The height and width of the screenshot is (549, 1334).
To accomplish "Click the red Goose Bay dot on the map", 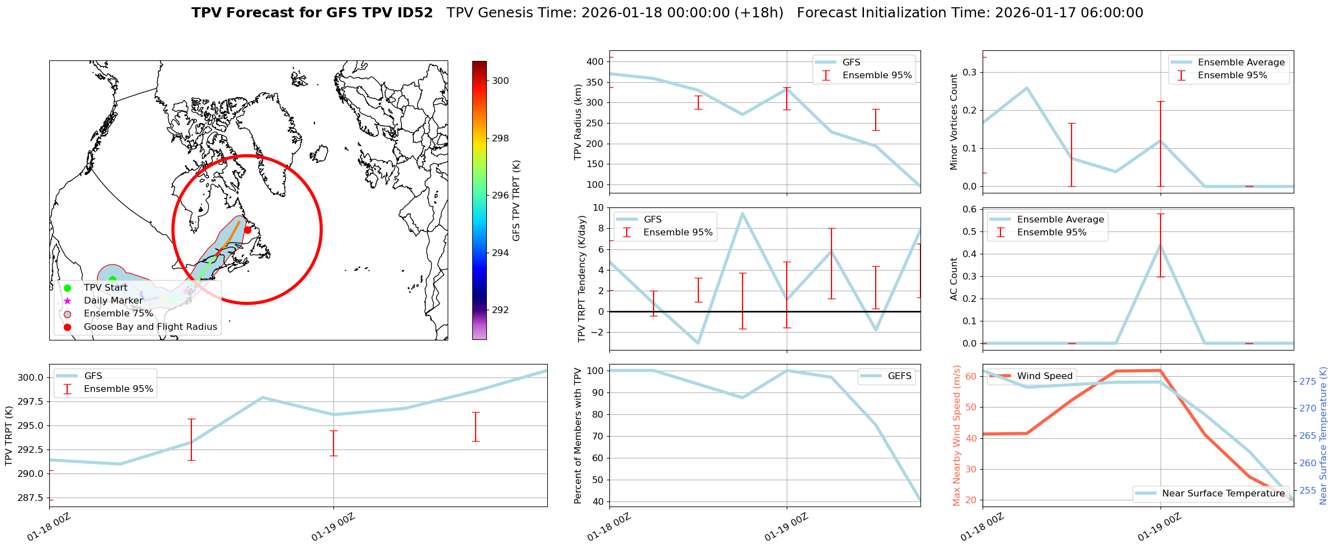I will pyautogui.click(x=247, y=230).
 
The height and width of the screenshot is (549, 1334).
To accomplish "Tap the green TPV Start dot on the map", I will pyautogui.click(x=112, y=280).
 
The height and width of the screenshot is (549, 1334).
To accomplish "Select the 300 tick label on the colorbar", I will pyautogui.click(x=500, y=81).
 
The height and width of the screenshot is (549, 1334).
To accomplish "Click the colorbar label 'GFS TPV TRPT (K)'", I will pyautogui.click(x=516, y=200).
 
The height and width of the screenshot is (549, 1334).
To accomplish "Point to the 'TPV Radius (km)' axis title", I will pyautogui.click(x=578, y=122).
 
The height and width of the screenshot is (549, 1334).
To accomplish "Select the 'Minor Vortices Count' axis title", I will pyautogui.click(x=953, y=122).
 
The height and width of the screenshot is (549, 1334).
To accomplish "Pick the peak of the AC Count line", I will pyautogui.click(x=1161, y=244).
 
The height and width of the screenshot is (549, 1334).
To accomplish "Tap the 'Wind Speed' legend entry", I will pyautogui.click(x=1045, y=376).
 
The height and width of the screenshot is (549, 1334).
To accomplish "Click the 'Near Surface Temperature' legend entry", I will pyautogui.click(x=1223, y=494).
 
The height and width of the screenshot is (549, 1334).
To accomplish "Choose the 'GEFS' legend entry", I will pyautogui.click(x=899, y=376).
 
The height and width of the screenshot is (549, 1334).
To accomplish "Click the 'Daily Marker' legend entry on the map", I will pyautogui.click(x=113, y=301).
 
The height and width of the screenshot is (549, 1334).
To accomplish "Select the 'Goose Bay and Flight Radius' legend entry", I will pyautogui.click(x=150, y=327).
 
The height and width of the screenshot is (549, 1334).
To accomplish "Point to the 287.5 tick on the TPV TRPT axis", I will pyautogui.click(x=31, y=498).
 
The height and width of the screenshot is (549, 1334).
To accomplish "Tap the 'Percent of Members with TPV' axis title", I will pyautogui.click(x=578, y=436).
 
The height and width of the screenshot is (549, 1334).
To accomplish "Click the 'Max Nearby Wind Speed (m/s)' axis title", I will pyautogui.click(x=956, y=436).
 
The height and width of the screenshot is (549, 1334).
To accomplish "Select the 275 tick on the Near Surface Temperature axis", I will pyautogui.click(x=1308, y=381).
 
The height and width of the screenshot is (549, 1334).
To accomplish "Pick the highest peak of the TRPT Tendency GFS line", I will pyautogui.click(x=743, y=213).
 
